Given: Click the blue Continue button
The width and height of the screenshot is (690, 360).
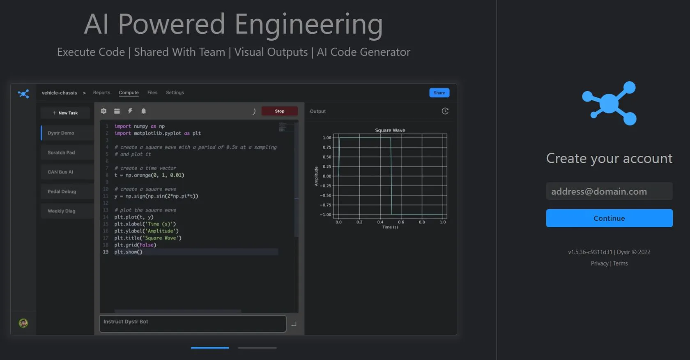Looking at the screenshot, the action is pyautogui.click(x=609, y=218).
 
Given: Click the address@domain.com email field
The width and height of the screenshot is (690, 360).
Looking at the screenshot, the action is pyautogui.click(x=609, y=191).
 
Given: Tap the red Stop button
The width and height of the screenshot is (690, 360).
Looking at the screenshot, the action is pyautogui.click(x=280, y=111).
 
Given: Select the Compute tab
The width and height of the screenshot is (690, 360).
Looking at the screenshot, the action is pyautogui.click(x=129, y=92).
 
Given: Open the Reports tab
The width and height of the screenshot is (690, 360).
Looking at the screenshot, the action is pyautogui.click(x=102, y=92).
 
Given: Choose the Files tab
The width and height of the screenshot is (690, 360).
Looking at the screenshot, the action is pyautogui.click(x=152, y=92).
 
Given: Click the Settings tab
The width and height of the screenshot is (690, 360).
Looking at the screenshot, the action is pyautogui.click(x=175, y=92).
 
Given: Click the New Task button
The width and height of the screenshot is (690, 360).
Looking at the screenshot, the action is pyautogui.click(x=65, y=113).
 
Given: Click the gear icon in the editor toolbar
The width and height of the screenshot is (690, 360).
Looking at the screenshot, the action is pyautogui.click(x=103, y=111).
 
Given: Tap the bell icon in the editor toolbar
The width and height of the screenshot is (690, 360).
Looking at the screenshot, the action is pyautogui.click(x=144, y=111).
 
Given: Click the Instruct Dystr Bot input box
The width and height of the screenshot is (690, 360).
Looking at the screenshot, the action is pyautogui.click(x=193, y=324).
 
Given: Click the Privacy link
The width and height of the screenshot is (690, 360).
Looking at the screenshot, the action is pyautogui.click(x=600, y=263).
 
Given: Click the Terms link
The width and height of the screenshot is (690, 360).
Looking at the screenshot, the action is pyautogui.click(x=620, y=263).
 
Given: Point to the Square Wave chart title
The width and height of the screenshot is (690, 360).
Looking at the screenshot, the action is pyautogui.click(x=390, y=130).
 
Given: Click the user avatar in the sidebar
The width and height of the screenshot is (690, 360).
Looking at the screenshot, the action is pyautogui.click(x=23, y=323).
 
